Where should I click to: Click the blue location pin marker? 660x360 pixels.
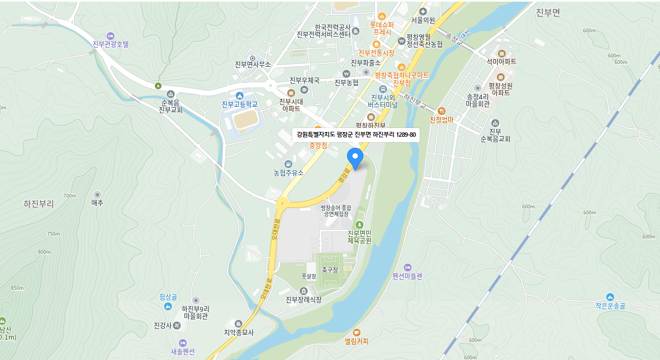coord(356,157)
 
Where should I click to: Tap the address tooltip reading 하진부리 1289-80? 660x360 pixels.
coord(356,134)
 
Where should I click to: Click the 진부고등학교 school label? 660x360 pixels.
coord(239,104)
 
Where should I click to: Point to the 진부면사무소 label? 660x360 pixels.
coord(253,65)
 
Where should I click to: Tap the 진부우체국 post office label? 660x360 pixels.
coord(304,80)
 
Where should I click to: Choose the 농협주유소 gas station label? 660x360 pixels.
coord(288,172)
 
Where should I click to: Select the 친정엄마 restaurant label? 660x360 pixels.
coord(442,119)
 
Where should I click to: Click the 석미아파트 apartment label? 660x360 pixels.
coord(501,62)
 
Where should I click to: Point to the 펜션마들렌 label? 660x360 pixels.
coord(407,276)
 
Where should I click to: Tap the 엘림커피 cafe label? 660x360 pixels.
coord(357,341)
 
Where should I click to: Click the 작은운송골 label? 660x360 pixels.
coord(610,306)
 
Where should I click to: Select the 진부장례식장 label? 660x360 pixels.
coord(303,299)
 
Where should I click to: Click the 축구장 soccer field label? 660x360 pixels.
coord(330,270)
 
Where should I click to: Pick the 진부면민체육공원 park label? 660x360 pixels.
coord(359,237)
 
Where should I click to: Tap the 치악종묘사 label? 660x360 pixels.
coord(239,332)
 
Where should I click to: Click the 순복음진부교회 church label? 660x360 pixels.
coord(170,106)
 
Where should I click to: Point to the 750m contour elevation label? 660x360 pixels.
coord(53,234)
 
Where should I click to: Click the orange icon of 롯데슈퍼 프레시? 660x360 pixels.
coord(381,16)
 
